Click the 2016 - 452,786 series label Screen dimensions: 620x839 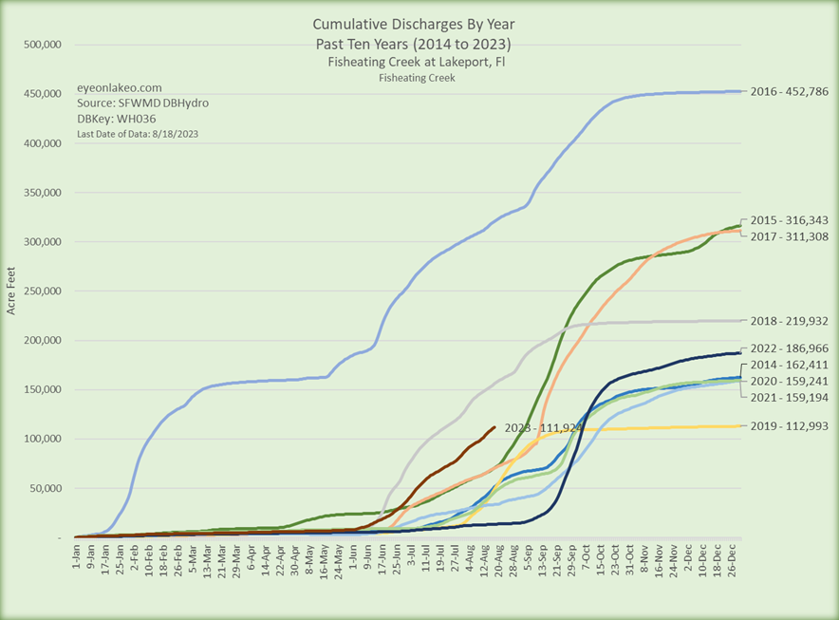(789, 92)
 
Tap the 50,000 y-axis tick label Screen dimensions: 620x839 (45, 488)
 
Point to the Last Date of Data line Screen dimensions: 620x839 (137, 134)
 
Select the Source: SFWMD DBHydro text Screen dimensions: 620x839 (141, 103)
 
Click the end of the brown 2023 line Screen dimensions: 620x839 (494, 427)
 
